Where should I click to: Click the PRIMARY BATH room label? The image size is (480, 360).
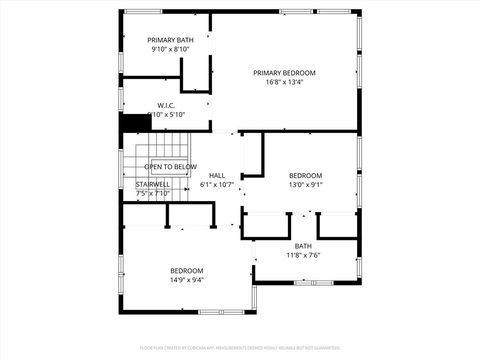(170, 40)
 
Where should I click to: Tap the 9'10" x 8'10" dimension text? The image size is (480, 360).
(170, 49)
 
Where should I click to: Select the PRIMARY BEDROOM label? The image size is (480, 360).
(284, 73)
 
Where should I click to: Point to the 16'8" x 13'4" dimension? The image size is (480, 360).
(284, 82)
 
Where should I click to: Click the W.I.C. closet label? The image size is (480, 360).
(167, 105)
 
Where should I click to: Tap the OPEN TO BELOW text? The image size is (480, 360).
(171, 166)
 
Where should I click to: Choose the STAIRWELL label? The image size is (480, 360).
(153, 184)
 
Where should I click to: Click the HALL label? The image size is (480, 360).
(217, 175)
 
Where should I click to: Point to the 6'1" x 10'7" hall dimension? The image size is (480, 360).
(217, 184)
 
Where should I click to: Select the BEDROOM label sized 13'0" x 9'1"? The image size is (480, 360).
(306, 175)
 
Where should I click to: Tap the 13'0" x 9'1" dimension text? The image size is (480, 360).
(306, 184)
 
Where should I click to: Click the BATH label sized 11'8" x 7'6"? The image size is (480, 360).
(303, 246)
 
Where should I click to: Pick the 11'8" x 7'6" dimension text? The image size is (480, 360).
(303, 255)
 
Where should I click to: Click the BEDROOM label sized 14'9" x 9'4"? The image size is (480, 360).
(186, 271)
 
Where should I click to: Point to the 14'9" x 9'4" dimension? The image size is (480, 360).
(186, 280)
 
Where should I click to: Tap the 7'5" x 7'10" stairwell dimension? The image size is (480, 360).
(153, 193)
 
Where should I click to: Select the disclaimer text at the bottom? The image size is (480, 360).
(239, 348)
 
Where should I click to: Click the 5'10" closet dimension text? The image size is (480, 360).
(171, 115)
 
